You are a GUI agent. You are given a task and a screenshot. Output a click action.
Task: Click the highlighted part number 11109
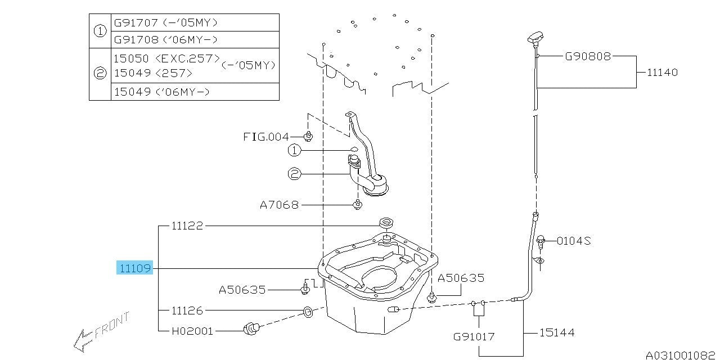tap(134, 268)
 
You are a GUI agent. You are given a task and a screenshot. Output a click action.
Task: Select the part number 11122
tap(187, 226)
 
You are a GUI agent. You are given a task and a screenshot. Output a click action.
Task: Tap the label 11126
tap(187, 310)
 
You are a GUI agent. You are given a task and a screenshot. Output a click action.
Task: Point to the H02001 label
tap(192, 331)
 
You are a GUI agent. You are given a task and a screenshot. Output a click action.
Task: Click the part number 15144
tap(556, 333)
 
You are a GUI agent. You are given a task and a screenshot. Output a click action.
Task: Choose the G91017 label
tap(474, 337)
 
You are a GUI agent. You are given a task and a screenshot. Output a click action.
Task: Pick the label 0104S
tap(574, 241)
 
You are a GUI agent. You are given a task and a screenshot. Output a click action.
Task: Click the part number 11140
tap(662, 73)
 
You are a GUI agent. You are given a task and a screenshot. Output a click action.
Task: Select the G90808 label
tap(588, 56)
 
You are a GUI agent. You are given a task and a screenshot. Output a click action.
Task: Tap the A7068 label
tap(279, 205)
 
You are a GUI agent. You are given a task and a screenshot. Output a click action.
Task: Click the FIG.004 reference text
tap(265, 137)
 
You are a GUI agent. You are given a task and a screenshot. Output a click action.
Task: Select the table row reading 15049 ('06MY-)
tap(161, 92)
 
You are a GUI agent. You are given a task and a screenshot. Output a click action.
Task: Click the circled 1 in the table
tap(100, 31)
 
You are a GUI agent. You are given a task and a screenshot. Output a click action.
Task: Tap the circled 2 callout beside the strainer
tap(295, 175)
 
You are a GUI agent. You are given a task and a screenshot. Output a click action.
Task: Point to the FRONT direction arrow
tap(101, 332)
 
